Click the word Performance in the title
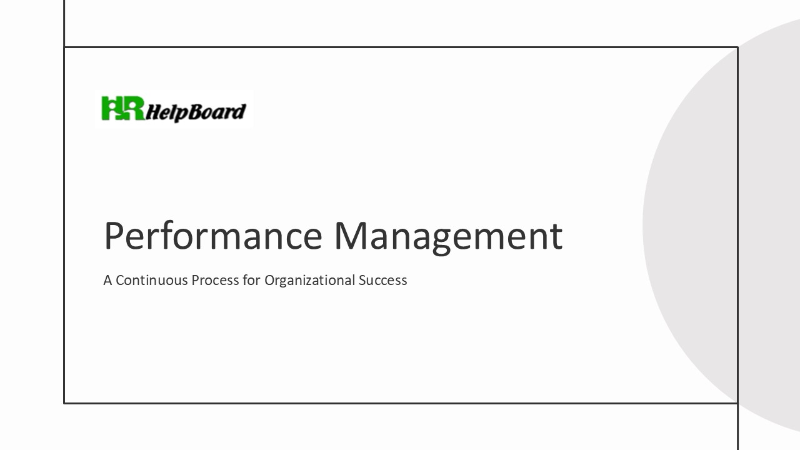[x=212, y=236]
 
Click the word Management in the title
[x=447, y=236]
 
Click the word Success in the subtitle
[x=382, y=280]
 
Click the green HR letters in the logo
[x=123, y=109]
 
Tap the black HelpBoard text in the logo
[x=196, y=112]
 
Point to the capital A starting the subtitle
[x=107, y=280]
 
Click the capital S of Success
[x=362, y=280]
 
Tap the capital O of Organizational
[x=269, y=280]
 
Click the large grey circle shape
[x=719, y=225]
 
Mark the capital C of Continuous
[x=119, y=280]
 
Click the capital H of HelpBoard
[x=152, y=111]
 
